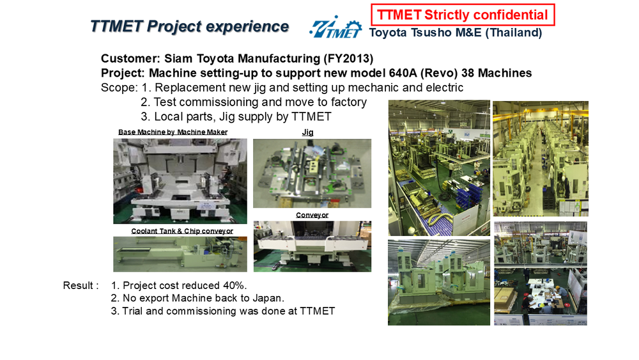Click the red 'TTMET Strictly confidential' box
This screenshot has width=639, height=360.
463,15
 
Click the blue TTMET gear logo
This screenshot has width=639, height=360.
335,27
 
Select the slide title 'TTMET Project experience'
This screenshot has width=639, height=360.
190,26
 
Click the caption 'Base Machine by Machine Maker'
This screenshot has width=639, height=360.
173,132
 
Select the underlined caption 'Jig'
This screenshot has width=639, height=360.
308,132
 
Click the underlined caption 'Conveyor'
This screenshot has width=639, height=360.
312,215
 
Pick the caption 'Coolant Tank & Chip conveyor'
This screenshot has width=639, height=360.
182,231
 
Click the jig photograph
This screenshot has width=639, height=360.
312,173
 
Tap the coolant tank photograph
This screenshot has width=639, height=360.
180,254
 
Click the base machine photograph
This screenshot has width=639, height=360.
180,181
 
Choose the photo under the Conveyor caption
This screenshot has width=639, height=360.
312,246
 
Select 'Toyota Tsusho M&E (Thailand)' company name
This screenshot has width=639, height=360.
456,33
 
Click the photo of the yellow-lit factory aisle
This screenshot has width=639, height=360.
541,159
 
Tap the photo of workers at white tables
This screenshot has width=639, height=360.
541,273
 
